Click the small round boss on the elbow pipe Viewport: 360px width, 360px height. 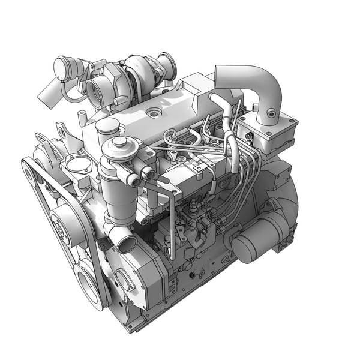(x=271, y=113)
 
